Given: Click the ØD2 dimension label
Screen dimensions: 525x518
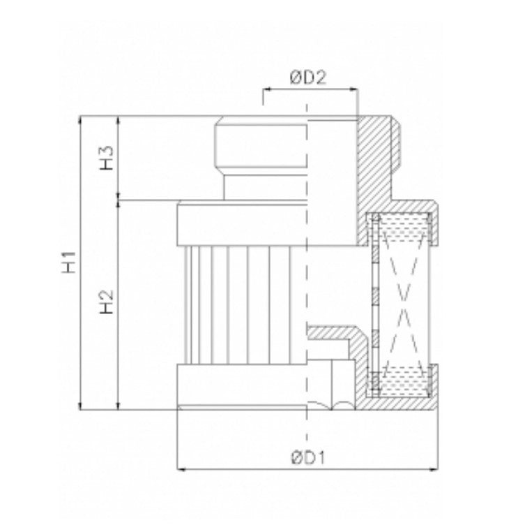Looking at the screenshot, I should (x=307, y=78).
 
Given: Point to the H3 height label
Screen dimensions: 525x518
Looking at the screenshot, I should (x=106, y=158).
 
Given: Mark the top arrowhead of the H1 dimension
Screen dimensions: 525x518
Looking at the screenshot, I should (x=82, y=120).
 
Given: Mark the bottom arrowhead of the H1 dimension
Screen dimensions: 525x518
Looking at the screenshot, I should (x=82, y=407).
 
